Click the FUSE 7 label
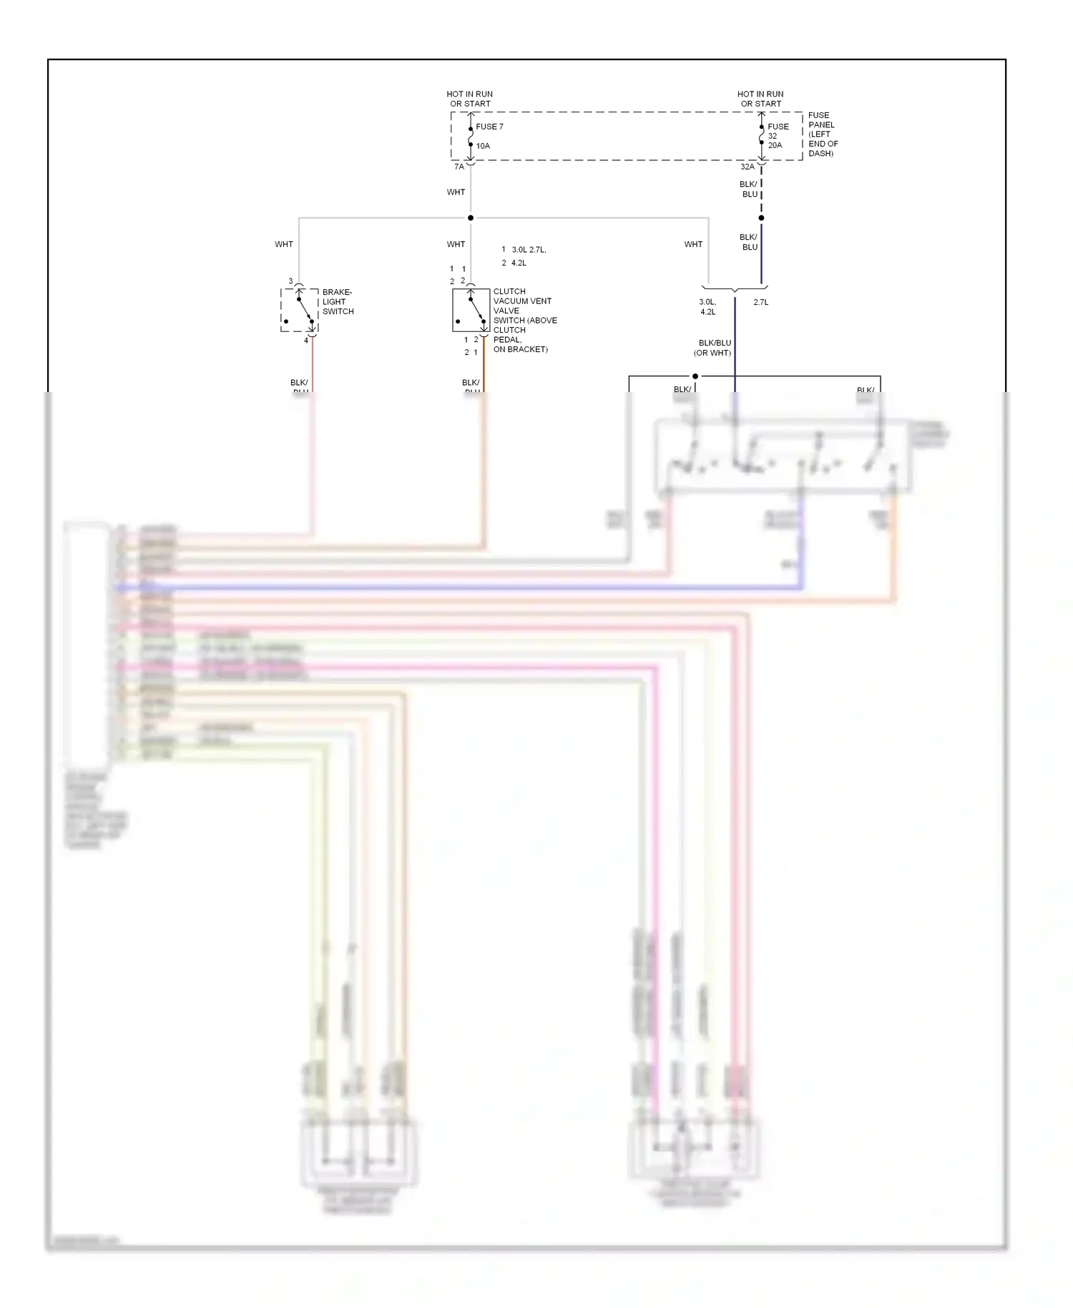coord(489,127)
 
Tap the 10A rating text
coord(483,146)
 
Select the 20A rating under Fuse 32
coord(775,145)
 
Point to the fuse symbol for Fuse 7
coord(471,136)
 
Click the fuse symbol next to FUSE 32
coord(761,135)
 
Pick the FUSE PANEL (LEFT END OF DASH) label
coord(823,135)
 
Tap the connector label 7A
coord(459,167)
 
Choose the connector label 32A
coord(747,167)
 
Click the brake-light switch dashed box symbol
coord(299,311)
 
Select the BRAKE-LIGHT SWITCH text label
coord(338,302)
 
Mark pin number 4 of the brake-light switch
coord(306,341)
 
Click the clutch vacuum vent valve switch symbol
coord(471,311)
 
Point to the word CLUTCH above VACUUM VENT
coord(509,291)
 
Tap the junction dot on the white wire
coord(471,218)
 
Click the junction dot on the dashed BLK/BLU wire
coord(761,218)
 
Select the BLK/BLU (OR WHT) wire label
coord(713,348)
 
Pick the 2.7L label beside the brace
coord(760,302)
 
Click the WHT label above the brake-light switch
coord(284,244)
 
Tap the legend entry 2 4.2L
coord(514,263)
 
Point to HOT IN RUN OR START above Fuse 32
coord(760,99)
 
